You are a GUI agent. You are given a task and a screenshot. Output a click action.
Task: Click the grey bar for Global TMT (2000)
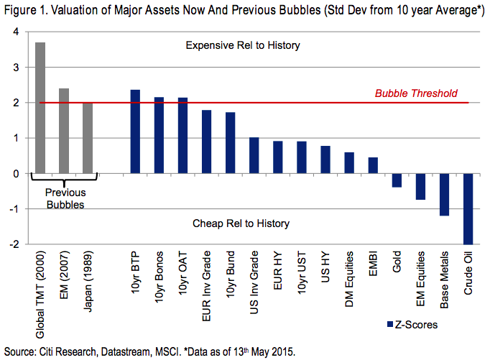pos(40,108)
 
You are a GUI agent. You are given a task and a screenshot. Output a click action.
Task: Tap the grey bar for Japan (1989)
pos(88,138)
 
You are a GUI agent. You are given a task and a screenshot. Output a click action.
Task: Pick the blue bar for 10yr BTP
pos(135,131)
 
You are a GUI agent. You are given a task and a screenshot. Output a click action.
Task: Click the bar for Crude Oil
pos(468,208)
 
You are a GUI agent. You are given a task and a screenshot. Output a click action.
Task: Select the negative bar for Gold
pos(397,180)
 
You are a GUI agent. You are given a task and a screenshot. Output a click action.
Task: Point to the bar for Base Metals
pos(445,194)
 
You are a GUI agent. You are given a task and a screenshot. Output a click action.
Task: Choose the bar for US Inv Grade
pos(254,155)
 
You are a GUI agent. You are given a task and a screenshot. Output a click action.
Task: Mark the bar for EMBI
pos(374,165)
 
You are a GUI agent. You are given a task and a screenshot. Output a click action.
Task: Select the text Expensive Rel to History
pos(242,45)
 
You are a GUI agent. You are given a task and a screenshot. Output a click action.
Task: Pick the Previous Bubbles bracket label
pos(65,198)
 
